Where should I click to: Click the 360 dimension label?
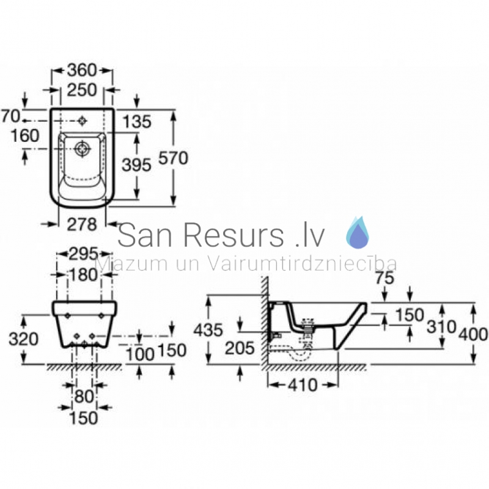82,70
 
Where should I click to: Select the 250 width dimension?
82,90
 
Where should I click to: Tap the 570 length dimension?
173,158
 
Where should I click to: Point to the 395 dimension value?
136,164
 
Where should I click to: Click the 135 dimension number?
136,121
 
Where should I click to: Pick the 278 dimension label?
82,224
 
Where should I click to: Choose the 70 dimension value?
11,116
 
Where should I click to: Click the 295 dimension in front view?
83,254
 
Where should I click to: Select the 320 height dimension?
23,339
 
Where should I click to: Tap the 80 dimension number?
84,397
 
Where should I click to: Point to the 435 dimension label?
208,330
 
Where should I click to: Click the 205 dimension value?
240,348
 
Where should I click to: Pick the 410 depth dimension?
303,385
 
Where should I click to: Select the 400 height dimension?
472,334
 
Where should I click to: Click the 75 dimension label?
384,279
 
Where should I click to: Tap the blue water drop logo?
358,232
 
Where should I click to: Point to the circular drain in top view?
83,149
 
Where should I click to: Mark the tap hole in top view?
83,120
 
